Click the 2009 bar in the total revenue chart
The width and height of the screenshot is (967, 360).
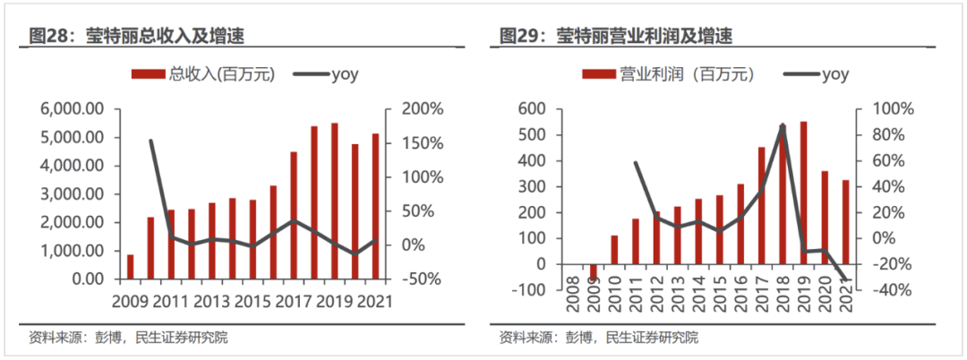tap(130, 267)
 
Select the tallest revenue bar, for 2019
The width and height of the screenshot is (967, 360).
tap(335, 201)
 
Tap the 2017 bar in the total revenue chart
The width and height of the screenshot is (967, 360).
tap(294, 216)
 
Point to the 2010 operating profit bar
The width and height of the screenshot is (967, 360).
tap(614, 250)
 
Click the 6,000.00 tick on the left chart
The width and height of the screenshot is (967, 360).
tap(73, 109)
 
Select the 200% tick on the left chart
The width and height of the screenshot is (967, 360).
tap(415, 109)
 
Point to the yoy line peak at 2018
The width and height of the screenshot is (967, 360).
tap(783, 126)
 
